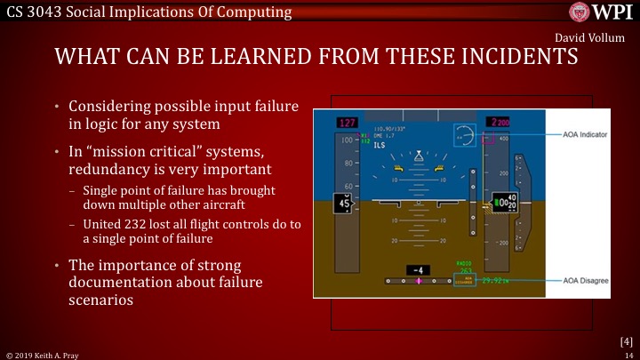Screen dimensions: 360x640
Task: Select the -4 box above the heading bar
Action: point(418,269)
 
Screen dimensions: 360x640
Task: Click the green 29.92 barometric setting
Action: point(495,280)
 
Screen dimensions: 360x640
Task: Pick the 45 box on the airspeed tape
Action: point(343,204)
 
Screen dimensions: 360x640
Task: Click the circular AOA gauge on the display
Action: point(463,134)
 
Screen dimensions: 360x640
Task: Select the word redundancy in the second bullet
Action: point(109,169)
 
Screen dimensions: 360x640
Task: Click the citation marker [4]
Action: point(625,340)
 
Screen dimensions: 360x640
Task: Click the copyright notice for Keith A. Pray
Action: point(42,354)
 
